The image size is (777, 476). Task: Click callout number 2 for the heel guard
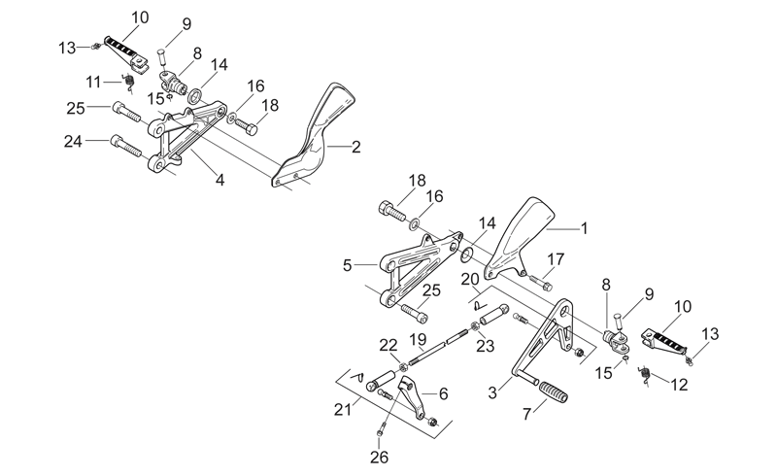click(355, 147)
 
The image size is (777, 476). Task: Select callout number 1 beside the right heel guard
click(585, 228)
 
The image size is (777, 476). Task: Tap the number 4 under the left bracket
click(220, 180)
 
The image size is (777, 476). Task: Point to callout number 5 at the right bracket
click(348, 265)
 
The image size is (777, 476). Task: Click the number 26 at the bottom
click(379, 458)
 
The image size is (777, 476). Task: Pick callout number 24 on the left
click(73, 142)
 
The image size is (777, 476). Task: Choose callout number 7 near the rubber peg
click(526, 414)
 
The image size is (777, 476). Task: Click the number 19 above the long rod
click(418, 340)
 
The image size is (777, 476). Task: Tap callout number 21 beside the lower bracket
click(342, 410)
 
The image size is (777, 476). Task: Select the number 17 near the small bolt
click(556, 259)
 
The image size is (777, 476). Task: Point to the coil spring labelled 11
click(129, 82)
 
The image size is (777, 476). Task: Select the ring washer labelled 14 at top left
click(195, 94)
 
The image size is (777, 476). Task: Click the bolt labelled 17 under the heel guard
click(541, 282)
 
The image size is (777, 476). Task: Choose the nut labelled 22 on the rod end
click(403, 367)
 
